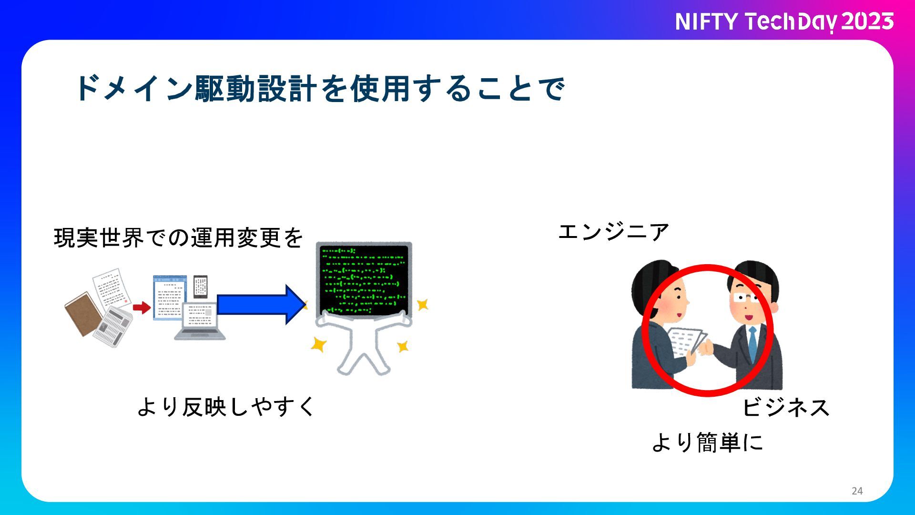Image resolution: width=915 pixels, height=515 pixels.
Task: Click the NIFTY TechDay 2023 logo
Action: pyautogui.click(x=784, y=22)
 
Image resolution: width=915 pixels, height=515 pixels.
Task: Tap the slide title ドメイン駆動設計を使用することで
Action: pyautogui.click(x=320, y=89)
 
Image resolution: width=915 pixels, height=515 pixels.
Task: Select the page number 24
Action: pyautogui.click(x=857, y=491)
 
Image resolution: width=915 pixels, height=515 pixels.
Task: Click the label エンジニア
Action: pyautogui.click(x=613, y=232)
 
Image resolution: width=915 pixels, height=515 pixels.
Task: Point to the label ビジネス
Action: pyautogui.click(x=786, y=408)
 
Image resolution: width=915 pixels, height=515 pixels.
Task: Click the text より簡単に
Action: pyautogui.click(x=707, y=443)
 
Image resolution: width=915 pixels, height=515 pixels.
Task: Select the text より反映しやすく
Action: pyautogui.click(x=226, y=407)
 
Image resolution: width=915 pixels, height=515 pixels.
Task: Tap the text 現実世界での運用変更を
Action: pyautogui.click(x=178, y=237)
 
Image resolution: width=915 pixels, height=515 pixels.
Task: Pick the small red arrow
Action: pyautogui.click(x=142, y=308)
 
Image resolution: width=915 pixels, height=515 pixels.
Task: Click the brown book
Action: pyautogui.click(x=83, y=313)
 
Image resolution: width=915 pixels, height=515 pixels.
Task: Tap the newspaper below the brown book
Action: pyautogui.click(x=112, y=326)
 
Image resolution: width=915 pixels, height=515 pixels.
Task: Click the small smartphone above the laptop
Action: pyautogui.click(x=200, y=287)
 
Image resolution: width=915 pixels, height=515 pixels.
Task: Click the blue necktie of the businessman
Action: pyautogui.click(x=752, y=343)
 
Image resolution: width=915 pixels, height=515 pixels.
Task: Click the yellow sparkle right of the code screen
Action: pyautogui.click(x=422, y=304)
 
